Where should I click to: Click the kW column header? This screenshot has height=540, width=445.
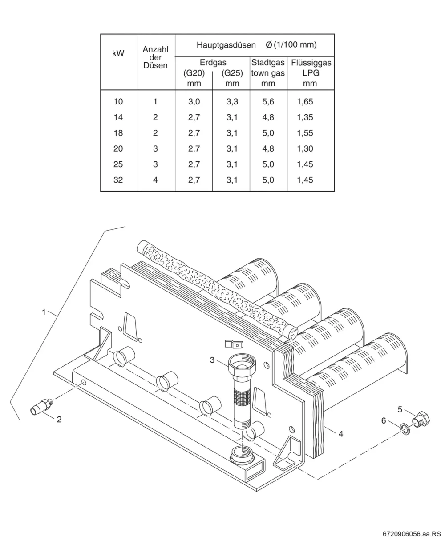coord(118,53)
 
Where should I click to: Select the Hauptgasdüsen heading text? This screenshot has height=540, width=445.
coord(226,45)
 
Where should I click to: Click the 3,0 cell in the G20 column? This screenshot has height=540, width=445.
coord(194,102)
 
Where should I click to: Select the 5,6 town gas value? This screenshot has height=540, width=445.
coord(268,102)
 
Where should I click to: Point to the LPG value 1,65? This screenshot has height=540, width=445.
coord(305,102)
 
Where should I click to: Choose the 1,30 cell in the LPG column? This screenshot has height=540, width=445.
coord(305,148)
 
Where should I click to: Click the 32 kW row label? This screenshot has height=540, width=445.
coord(118,180)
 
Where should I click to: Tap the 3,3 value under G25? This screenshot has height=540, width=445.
coord(232,102)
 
